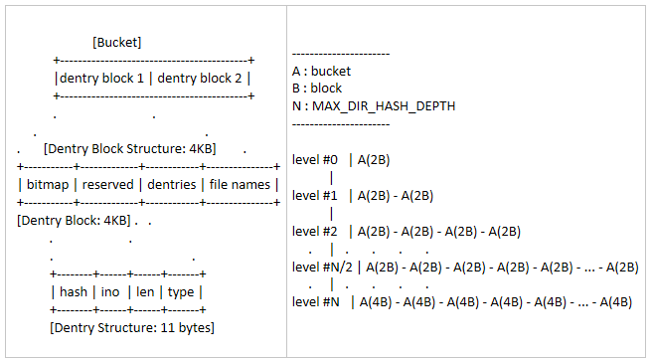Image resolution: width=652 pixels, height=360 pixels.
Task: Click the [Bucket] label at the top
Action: click(x=116, y=42)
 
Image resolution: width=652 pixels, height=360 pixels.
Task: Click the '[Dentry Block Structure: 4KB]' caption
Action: click(x=129, y=148)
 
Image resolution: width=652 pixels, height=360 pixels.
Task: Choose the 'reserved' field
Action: click(x=108, y=184)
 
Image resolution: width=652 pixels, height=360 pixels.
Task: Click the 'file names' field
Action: click(x=240, y=184)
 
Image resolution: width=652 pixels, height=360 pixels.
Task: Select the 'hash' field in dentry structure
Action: click(x=74, y=291)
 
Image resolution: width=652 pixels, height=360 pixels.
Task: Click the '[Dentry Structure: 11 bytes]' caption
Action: click(x=131, y=326)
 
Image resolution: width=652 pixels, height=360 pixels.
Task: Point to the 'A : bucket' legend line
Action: click(x=321, y=72)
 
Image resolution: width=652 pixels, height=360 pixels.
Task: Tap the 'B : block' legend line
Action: click(x=317, y=89)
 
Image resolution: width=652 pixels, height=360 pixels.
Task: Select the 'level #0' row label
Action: click(x=315, y=159)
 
